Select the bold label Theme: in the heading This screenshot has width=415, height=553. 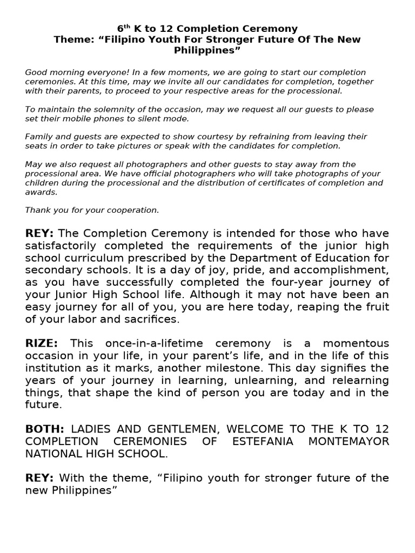click(72, 39)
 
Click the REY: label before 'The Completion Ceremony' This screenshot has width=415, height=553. click(39, 233)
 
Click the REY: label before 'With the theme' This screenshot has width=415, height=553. click(39, 478)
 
